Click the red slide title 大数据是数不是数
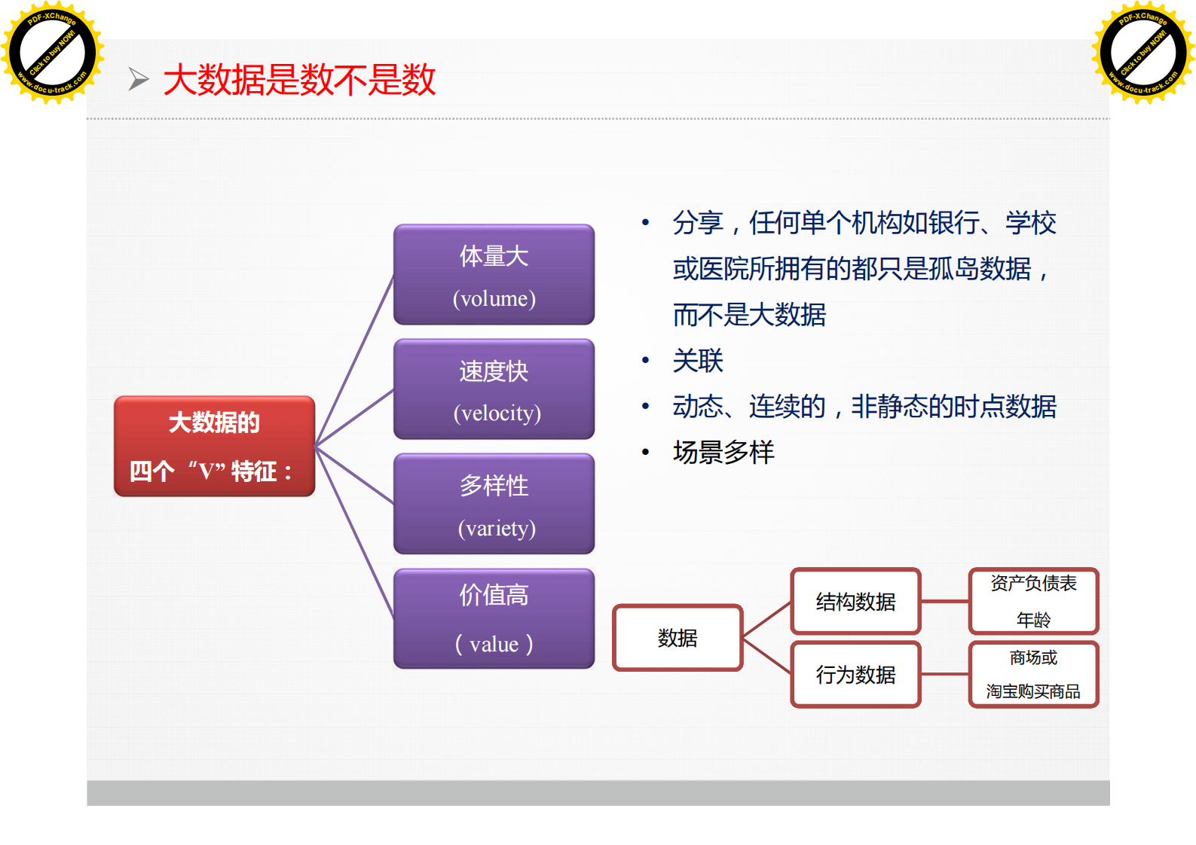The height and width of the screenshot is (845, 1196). [x=299, y=80]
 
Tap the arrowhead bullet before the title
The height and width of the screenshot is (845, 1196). [x=139, y=79]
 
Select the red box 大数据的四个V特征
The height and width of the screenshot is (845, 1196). [x=214, y=446]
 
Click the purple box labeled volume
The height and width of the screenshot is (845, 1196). [x=494, y=275]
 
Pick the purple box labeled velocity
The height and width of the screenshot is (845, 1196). [x=494, y=389]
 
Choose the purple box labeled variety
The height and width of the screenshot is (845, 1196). [x=494, y=504]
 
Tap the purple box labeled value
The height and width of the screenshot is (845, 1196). [x=494, y=618]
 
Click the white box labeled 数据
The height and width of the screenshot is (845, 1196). [x=678, y=638]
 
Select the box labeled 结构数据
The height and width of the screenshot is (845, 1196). [x=855, y=601]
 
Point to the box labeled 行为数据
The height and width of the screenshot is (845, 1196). [x=855, y=675]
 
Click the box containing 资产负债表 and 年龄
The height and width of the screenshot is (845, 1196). [x=1033, y=600]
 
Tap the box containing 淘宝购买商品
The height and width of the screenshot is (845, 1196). [x=1033, y=675]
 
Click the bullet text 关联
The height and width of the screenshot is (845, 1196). [x=698, y=361]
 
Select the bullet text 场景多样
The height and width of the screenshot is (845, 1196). [x=723, y=453]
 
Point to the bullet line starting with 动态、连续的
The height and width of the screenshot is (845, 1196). [x=864, y=407]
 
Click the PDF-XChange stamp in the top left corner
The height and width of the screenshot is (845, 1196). [x=53, y=53]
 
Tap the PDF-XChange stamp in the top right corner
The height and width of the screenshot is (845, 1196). [x=1143, y=53]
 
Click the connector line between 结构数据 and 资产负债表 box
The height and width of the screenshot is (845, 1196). [x=944, y=601]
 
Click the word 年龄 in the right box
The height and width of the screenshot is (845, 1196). [x=1033, y=620]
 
